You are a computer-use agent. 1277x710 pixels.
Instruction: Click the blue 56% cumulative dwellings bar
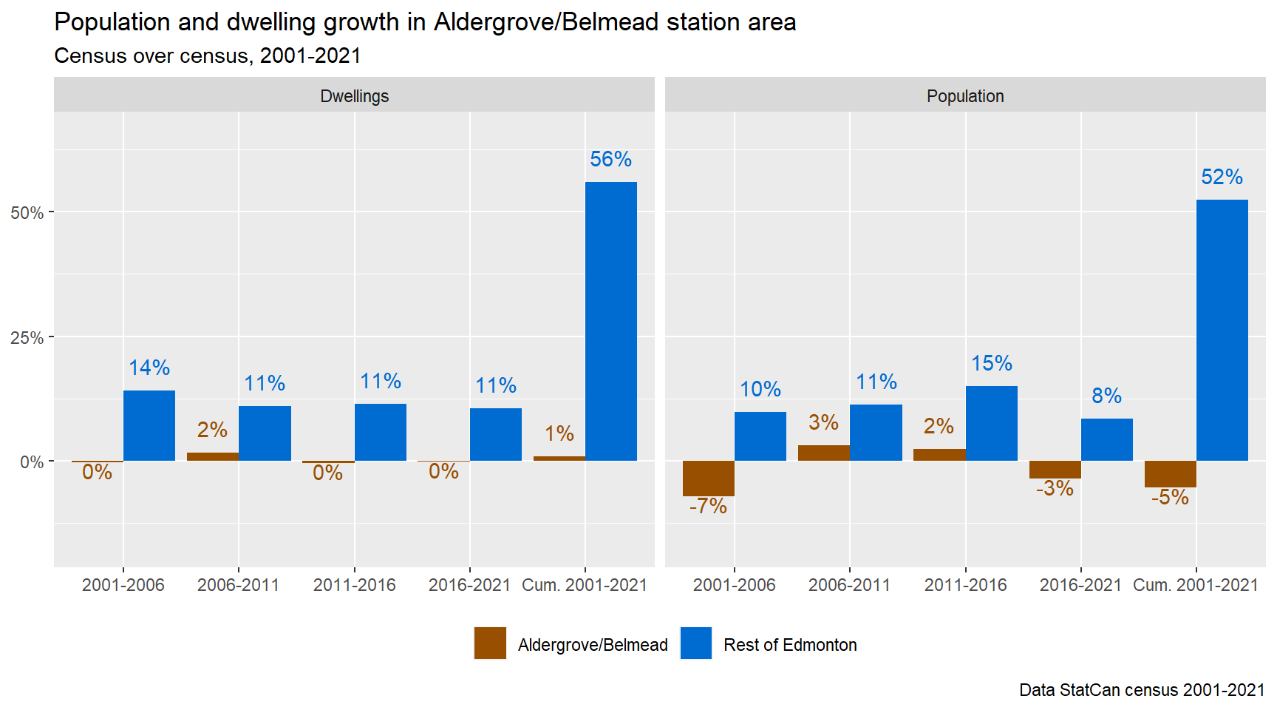pyautogui.click(x=610, y=321)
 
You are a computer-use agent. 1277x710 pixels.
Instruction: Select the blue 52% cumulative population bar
pyautogui.click(x=1222, y=330)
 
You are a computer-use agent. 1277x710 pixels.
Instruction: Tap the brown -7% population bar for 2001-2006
pyautogui.click(x=708, y=479)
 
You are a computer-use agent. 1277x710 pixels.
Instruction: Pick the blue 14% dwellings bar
pyautogui.click(x=149, y=425)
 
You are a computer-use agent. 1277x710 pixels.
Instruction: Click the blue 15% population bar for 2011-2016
pyautogui.click(x=991, y=423)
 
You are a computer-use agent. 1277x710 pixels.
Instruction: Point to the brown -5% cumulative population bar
pyautogui.click(x=1170, y=474)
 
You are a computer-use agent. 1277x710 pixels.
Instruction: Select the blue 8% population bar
pyautogui.click(x=1106, y=439)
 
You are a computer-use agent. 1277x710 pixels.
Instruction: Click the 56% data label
pyautogui.click(x=610, y=159)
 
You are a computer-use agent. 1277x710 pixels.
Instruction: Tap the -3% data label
pyautogui.click(x=1055, y=488)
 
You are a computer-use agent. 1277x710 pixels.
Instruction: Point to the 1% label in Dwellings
pyautogui.click(x=559, y=433)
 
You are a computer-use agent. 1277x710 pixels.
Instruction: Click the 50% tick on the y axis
pyautogui.click(x=27, y=213)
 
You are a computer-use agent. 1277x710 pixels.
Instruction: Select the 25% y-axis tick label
pyautogui.click(x=27, y=338)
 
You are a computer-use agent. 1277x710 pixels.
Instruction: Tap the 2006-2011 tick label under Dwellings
pyautogui.click(x=239, y=585)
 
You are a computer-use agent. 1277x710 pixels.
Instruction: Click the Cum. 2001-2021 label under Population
pyautogui.click(x=1195, y=585)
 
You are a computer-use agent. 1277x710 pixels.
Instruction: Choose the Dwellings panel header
pyautogui.click(x=354, y=96)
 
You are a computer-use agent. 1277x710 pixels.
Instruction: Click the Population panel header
pyautogui.click(x=965, y=96)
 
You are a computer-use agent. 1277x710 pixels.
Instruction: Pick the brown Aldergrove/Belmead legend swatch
pyautogui.click(x=490, y=643)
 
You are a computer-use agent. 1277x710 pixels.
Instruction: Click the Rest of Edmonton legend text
pyautogui.click(x=790, y=645)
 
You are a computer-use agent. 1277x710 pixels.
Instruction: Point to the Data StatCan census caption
pyautogui.click(x=1142, y=690)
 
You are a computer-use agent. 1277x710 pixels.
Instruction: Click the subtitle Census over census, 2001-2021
pyautogui.click(x=208, y=56)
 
